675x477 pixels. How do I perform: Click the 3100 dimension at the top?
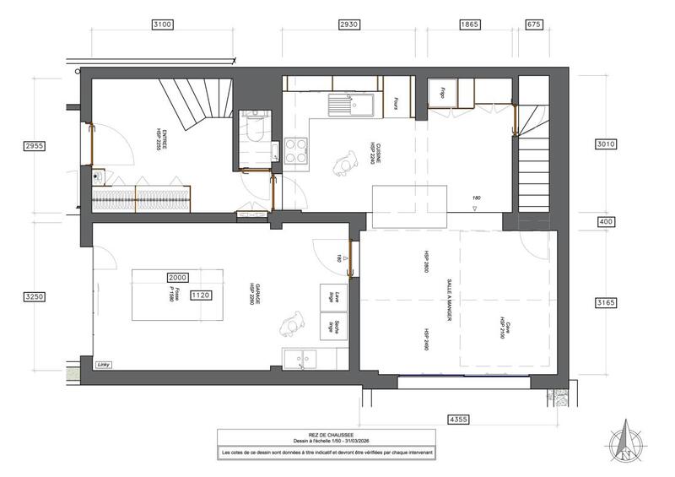click(x=162, y=25)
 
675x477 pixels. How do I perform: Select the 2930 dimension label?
click(x=348, y=25)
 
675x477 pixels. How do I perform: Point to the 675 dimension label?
click(x=532, y=25)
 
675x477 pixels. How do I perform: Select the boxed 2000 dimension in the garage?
click(x=177, y=276)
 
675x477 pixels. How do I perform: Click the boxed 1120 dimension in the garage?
click(x=201, y=295)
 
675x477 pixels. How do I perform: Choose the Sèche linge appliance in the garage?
click(x=329, y=325)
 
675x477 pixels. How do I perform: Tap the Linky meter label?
click(x=105, y=364)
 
